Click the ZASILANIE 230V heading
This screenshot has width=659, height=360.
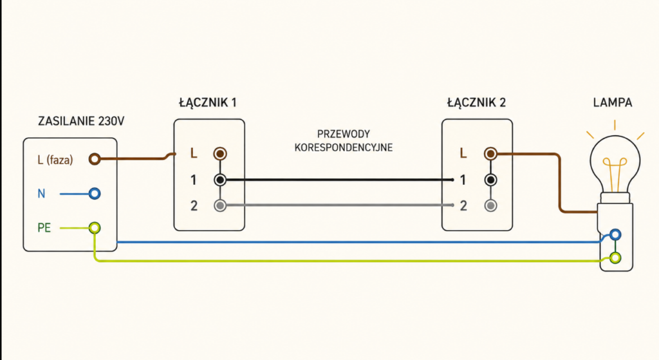point(81,121)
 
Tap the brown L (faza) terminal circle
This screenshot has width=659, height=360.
point(95,159)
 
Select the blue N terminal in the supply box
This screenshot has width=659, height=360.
point(95,193)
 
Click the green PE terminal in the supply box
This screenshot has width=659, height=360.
point(95,228)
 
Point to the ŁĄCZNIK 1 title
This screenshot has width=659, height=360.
point(208,102)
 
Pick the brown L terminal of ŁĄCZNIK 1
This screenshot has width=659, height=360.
point(220,153)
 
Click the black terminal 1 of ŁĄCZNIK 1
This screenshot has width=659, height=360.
point(220,180)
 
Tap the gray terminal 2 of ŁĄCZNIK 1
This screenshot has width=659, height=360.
point(220,205)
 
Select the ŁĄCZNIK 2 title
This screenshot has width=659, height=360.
point(476,102)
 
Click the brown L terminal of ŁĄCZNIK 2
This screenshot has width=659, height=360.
point(490,153)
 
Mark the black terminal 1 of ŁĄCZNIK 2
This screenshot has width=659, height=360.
point(490,180)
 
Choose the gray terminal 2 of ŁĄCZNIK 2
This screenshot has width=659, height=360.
point(490,205)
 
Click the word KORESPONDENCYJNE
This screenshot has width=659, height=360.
point(344,147)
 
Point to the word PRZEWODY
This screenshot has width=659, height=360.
point(344,134)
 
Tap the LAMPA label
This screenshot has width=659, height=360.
point(613,102)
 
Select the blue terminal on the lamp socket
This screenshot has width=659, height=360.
point(615,234)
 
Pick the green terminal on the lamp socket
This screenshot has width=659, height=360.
point(615,258)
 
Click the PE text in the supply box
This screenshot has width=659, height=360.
point(44,228)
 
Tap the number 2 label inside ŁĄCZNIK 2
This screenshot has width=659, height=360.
point(463,205)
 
